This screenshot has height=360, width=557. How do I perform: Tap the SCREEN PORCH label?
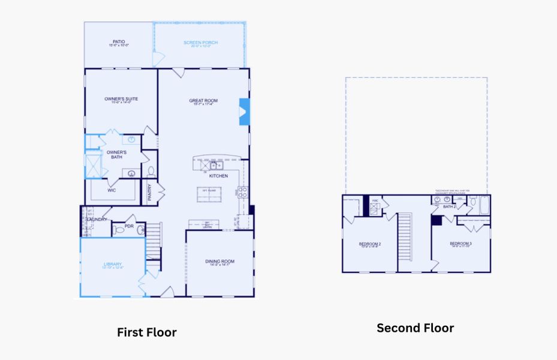(200, 43)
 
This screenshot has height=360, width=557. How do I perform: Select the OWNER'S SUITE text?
(121, 99)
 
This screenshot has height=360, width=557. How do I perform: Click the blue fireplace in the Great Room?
(244, 112)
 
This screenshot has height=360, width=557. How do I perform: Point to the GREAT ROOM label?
(203, 101)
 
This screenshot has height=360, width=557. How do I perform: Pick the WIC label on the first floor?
(112, 190)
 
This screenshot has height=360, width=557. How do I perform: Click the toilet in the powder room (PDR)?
(119, 230)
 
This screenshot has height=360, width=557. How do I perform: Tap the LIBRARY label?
(113, 265)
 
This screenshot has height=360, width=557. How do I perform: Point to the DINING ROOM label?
(219, 261)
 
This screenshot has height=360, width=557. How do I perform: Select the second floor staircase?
(406, 237)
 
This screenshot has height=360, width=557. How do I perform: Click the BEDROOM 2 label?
(370, 244)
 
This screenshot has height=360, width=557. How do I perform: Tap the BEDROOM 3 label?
(460, 244)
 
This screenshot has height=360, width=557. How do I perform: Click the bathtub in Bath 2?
(481, 206)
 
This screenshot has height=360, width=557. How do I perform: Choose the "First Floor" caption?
(146, 332)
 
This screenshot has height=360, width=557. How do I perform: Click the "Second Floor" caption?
(415, 328)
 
